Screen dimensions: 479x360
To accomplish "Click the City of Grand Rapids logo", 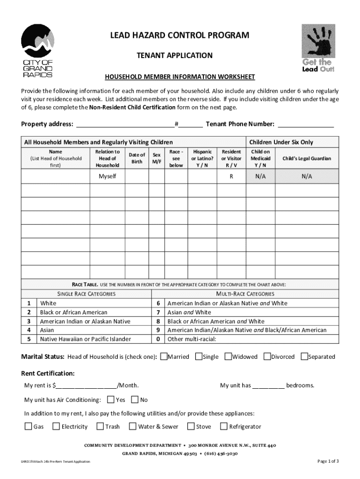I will pos(37,51).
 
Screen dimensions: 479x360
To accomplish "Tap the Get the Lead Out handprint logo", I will pos(318,48).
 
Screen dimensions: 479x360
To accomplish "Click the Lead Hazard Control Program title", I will pos(180,36).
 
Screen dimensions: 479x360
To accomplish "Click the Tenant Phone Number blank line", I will pos(306,124).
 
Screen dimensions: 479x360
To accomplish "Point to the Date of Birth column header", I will pos(137,158).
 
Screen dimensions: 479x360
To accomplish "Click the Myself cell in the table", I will pos(107,176).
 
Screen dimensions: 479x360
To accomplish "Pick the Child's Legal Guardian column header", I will pos(307,159).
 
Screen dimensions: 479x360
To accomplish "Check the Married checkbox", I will pos(164,356).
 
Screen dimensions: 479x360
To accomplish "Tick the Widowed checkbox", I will pos(228,356).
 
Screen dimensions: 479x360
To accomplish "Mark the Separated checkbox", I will pos(304,356).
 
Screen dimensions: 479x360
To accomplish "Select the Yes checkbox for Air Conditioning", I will pos(111,399).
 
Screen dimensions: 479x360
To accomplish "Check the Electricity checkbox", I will pos(56,426).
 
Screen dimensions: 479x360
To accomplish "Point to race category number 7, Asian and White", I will pos(189,312).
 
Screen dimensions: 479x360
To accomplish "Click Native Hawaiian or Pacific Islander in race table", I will pos(85,339).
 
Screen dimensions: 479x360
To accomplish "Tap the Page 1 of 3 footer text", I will pos(328,461).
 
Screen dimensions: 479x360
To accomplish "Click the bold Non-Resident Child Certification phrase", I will pos(132,107).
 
